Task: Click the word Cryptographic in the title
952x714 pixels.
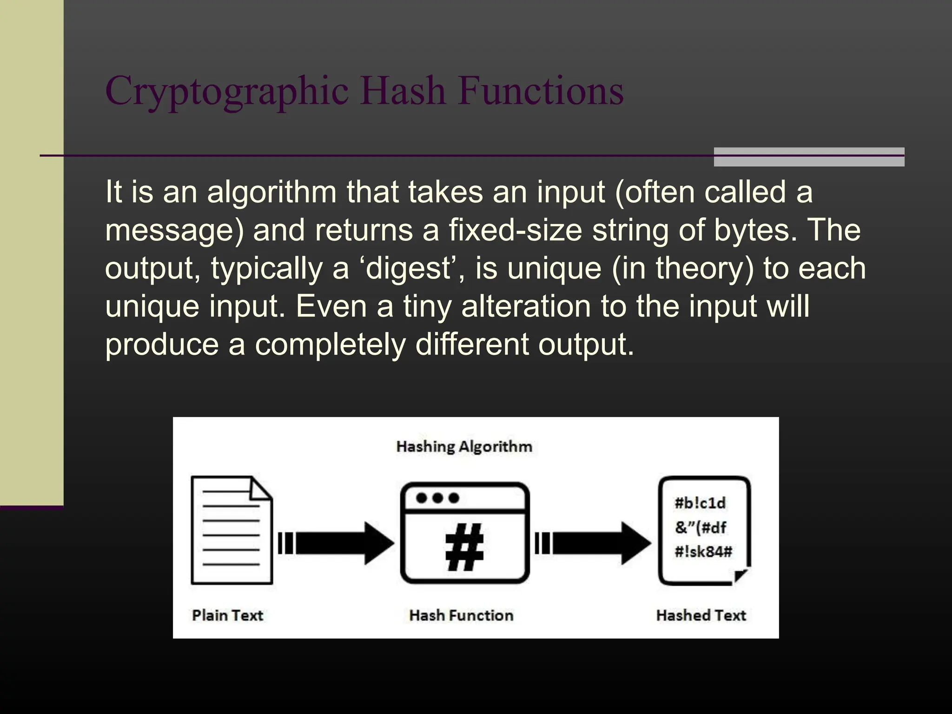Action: [x=227, y=91]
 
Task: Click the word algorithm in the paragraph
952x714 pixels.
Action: [x=272, y=192]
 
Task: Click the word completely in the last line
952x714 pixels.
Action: [x=330, y=344]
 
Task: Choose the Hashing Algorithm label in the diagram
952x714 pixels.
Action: [x=464, y=447]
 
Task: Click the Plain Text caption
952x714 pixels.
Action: [x=227, y=615]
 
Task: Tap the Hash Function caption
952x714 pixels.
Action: [x=461, y=615]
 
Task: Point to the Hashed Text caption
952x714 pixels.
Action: [x=701, y=615]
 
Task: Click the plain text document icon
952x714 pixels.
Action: [x=231, y=530]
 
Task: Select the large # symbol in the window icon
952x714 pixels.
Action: [x=464, y=547]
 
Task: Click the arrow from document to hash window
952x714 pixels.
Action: [x=337, y=543]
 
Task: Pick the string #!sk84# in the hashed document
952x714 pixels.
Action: [x=703, y=552]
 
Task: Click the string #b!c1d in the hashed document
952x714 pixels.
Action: [x=700, y=503]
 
